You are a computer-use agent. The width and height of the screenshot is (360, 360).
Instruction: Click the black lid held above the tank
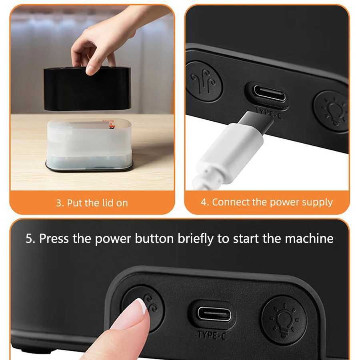[87, 89]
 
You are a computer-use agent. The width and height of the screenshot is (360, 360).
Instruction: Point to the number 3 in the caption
[59, 203]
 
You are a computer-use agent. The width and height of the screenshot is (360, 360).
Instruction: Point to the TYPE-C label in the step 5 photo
[212, 334]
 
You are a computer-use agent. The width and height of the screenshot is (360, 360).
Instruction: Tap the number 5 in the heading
[29, 239]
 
